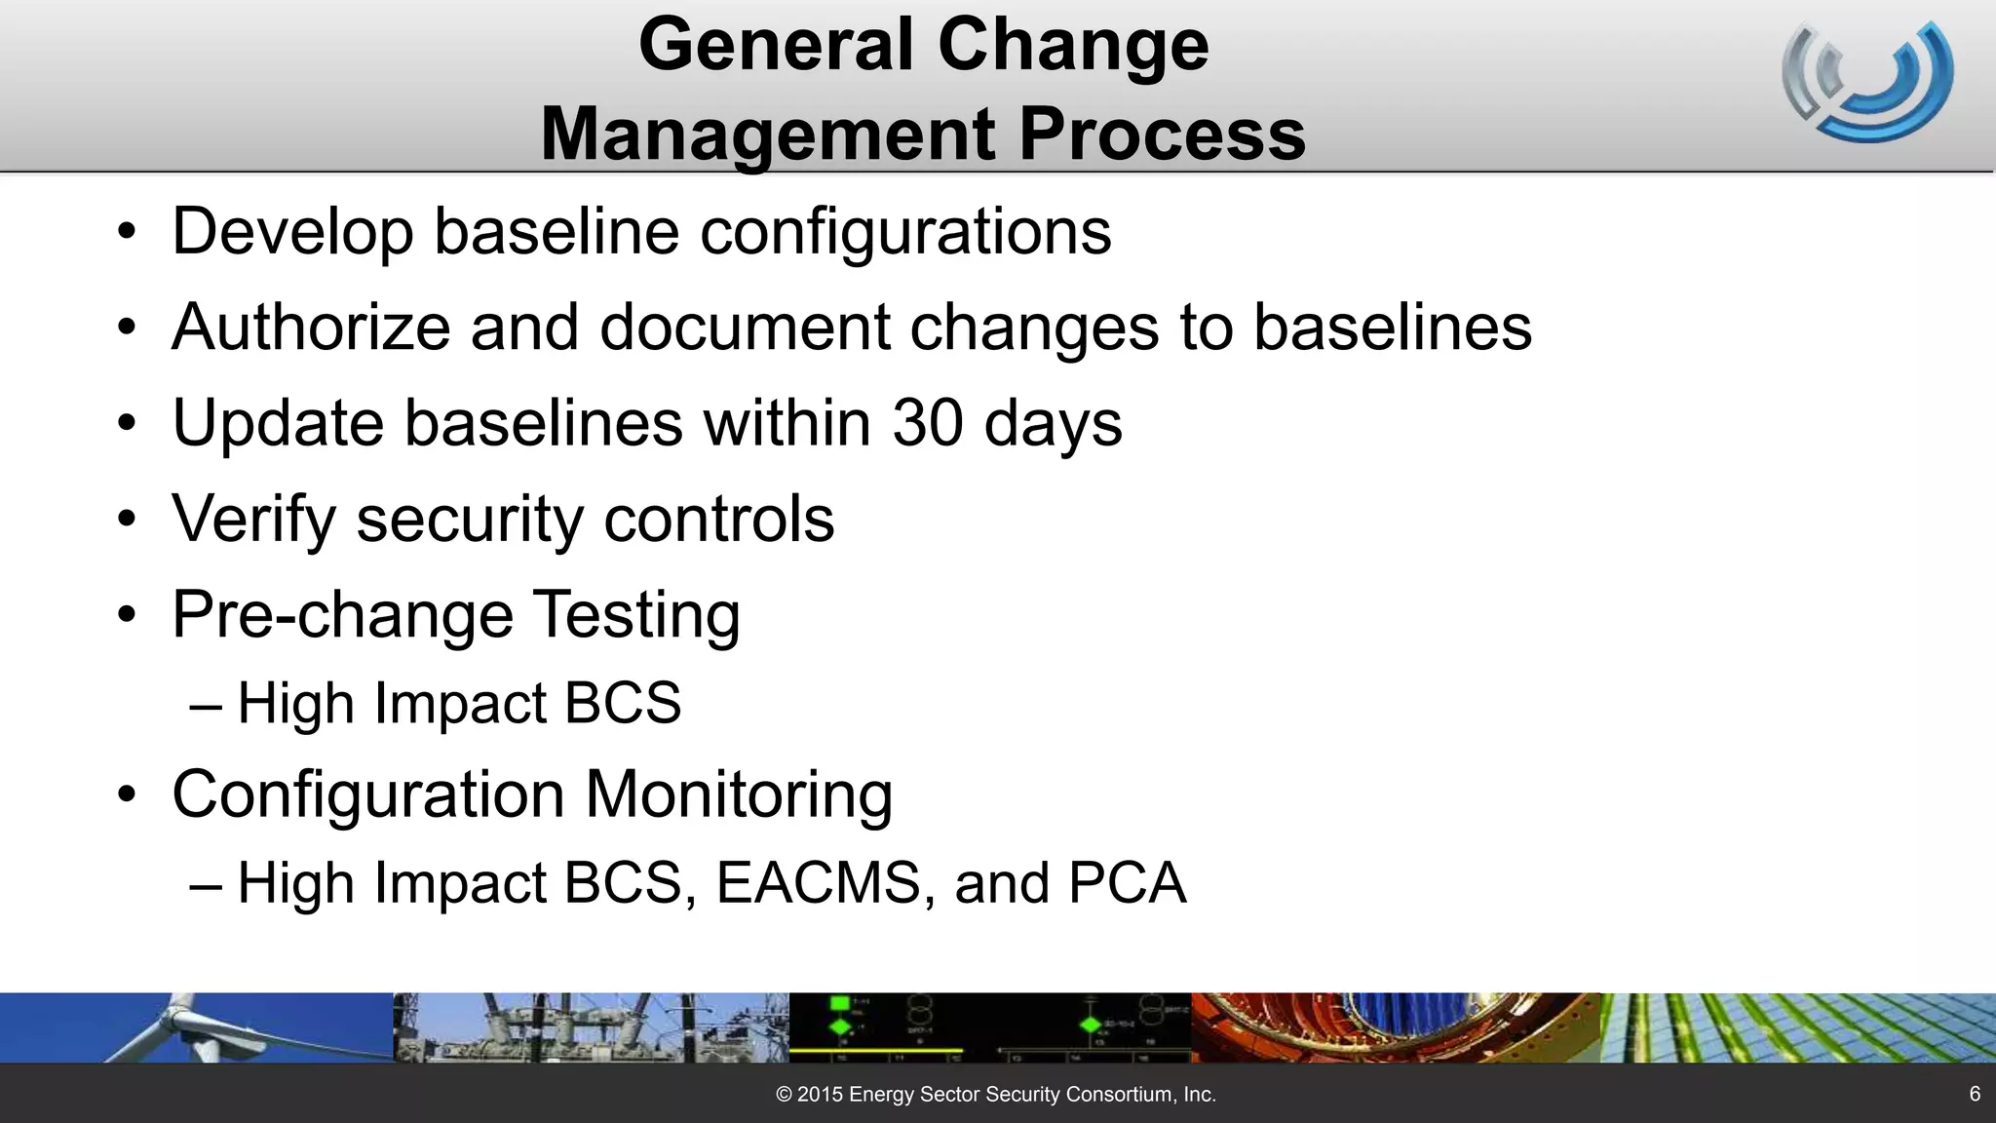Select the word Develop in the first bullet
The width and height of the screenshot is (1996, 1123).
point(292,232)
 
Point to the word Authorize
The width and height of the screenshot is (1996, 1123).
point(311,327)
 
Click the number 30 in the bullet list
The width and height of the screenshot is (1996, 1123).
point(927,423)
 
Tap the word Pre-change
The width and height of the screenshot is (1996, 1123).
point(342,615)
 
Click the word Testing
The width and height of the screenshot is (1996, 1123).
point(636,615)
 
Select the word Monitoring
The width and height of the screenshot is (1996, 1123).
point(738,794)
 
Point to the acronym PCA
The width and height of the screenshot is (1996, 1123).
point(1127,883)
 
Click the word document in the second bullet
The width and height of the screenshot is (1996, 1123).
point(745,327)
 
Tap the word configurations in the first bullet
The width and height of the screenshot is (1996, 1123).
point(905,232)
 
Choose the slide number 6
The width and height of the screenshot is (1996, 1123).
point(1975,1094)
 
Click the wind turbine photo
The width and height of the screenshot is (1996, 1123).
point(195,1027)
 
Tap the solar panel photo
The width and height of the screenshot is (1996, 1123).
point(1798,1027)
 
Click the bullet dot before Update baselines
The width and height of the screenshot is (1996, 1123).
point(127,424)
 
